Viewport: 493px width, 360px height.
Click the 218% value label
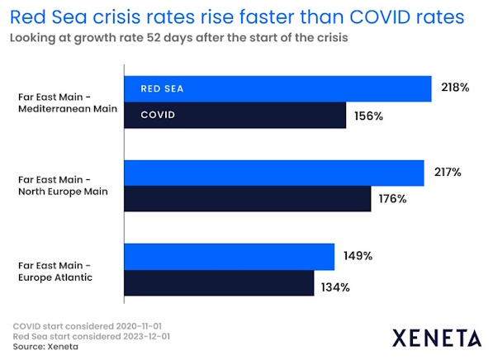click(455, 87)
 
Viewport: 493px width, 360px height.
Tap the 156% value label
click(368, 116)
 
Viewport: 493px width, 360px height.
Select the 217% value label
click(448, 172)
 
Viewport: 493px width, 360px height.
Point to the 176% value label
click(392, 199)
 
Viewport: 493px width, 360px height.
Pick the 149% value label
click(358, 256)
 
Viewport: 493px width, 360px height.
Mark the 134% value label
click(335, 287)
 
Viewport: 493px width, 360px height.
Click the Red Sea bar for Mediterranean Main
click(278, 89)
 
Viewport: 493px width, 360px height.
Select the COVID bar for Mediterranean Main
click(235, 115)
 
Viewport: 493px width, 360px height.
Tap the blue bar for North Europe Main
click(274, 173)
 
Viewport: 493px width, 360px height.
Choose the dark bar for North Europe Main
click(248, 199)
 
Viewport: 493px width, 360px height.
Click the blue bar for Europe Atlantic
click(230, 257)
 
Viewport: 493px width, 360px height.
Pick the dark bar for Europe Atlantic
click(219, 283)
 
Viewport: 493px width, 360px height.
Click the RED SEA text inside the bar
click(162, 88)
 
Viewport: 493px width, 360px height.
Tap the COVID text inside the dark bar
click(158, 115)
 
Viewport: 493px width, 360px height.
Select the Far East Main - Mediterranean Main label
click(68, 103)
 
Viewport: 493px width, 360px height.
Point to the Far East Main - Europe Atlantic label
click(55, 272)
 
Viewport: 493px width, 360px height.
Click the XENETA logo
click(437, 338)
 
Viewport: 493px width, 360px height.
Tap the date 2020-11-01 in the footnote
click(139, 326)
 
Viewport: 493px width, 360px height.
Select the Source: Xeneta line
click(45, 347)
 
